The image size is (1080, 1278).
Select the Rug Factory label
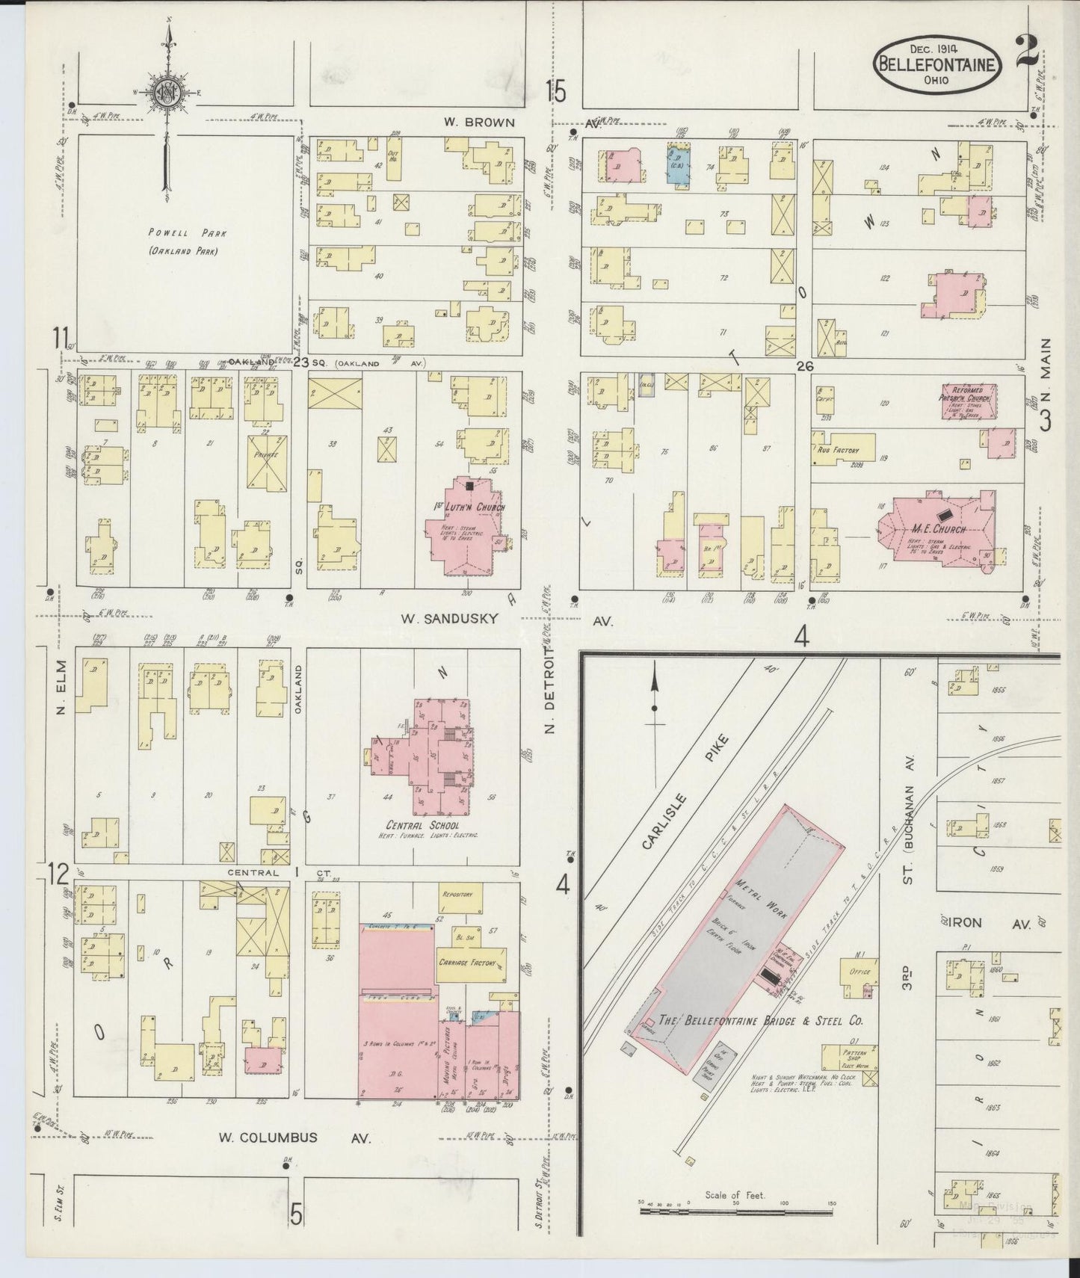point(837,451)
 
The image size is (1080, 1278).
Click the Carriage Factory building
point(471,964)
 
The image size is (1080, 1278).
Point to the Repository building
point(462,895)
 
